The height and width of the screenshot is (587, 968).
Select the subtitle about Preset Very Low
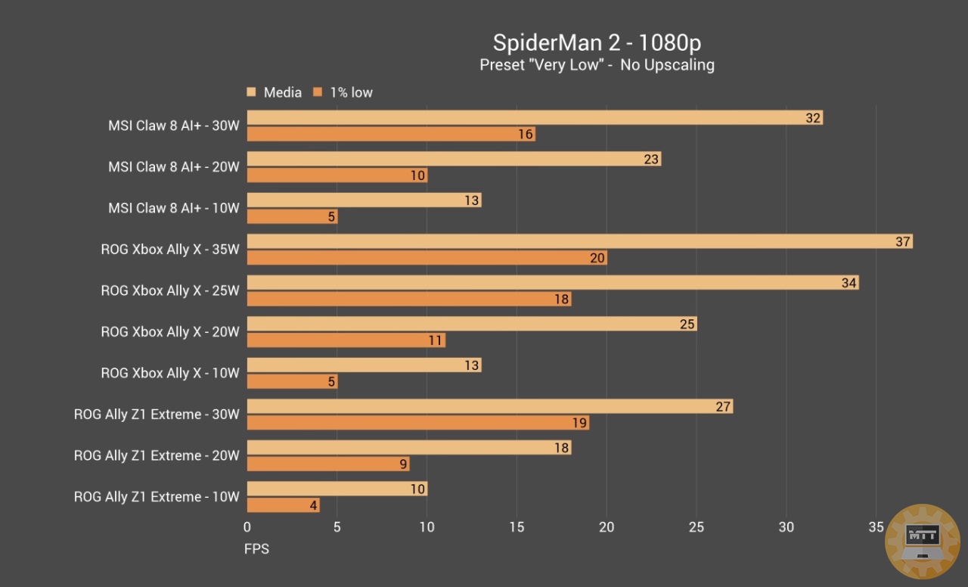(597, 65)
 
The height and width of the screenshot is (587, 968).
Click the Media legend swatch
(251, 92)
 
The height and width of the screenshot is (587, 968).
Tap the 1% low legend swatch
(318, 92)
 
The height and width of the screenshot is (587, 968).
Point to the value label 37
(902, 241)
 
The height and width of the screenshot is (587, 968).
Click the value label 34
(849, 283)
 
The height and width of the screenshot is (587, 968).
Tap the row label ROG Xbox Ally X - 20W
(170, 332)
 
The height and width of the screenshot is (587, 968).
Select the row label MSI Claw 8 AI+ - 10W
(173, 208)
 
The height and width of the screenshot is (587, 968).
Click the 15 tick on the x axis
(517, 528)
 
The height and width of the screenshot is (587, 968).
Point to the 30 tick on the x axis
(786, 528)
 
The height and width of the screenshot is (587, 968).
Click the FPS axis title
(256, 549)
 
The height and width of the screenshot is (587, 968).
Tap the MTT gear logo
(922, 542)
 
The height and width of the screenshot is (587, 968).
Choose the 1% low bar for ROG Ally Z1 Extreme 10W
(283, 505)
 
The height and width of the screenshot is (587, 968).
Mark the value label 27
(723, 406)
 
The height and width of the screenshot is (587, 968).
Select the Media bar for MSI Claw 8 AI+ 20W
(454, 159)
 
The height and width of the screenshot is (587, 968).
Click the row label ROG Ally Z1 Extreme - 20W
(157, 455)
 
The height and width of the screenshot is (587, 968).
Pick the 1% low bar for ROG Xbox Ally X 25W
(408, 299)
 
